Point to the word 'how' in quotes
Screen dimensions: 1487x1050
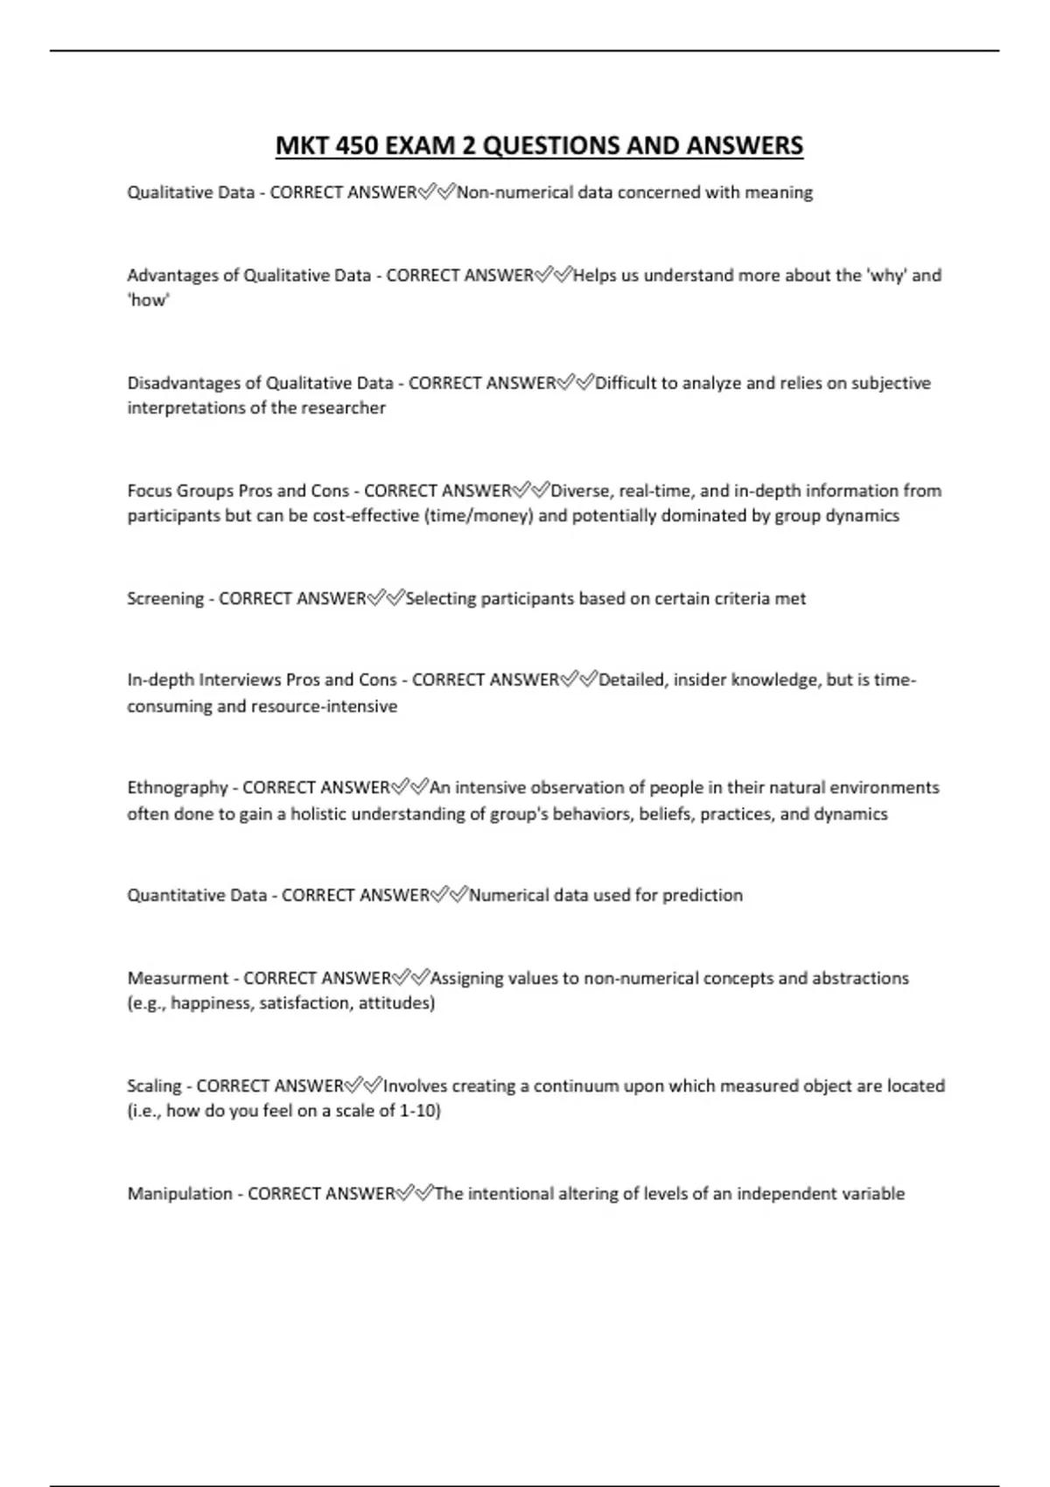[x=149, y=300]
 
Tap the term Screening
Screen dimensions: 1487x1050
[x=165, y=599]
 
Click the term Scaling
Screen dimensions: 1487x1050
[x=154, y=1086]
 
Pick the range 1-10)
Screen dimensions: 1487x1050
[x=420, y=1112]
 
